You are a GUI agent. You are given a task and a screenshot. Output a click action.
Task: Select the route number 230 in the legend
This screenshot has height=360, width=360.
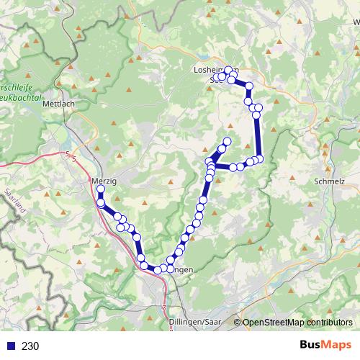point(30,346)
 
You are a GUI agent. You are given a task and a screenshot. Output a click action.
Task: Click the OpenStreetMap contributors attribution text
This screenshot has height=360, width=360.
point(297,323)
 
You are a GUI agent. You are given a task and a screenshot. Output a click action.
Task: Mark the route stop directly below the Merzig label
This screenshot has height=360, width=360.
point(100,189)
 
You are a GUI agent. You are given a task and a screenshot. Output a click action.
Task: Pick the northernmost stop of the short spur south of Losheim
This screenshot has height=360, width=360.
point(228,141)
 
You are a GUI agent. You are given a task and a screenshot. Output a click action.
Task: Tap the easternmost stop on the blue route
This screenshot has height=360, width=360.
point(260,158)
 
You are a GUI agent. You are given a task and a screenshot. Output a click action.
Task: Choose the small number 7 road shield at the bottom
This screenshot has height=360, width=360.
point(164,308)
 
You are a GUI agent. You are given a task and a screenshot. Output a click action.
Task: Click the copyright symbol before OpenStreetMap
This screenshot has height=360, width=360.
point(238,323)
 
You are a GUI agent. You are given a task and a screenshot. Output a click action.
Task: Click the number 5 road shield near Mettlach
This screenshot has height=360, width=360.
point(70,155)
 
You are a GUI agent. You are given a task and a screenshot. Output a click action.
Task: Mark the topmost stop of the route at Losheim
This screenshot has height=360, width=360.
point(228,70)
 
